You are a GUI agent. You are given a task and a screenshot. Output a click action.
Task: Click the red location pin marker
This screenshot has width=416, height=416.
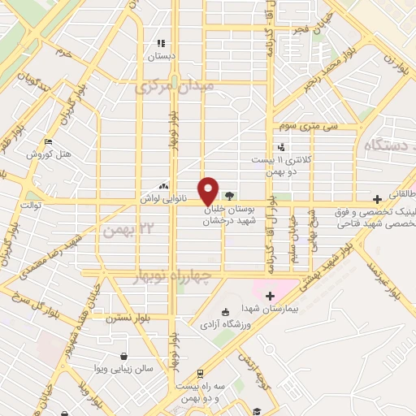[208, 191]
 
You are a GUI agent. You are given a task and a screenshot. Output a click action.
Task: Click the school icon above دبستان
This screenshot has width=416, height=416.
[161, 43]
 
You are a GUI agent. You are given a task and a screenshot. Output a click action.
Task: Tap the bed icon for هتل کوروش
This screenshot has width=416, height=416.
[49, 141]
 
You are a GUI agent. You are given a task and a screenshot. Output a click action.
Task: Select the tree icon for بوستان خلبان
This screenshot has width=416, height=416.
[229, 196]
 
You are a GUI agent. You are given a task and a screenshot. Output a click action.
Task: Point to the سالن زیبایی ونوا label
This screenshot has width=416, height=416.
[123, 369]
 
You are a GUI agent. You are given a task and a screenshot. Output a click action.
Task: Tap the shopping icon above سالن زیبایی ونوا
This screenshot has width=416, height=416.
[123, 356]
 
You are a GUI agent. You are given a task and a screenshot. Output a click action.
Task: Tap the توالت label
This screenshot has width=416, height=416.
[24, 206]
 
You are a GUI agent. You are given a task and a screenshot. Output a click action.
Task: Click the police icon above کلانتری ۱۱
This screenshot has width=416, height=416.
[281, 147]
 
